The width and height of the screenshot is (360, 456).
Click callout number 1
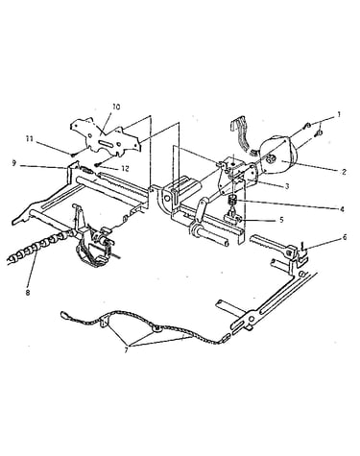(339, 114)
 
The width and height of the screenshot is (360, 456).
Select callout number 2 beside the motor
(344, 172)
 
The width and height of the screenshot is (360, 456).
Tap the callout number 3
(287, 186)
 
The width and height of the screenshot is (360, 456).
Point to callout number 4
(342, 209)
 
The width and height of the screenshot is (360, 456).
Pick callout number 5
(281, 220)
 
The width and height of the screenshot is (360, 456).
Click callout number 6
(345, 237)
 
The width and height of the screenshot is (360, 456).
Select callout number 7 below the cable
(126, 350)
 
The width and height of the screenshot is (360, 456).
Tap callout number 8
(28, 293)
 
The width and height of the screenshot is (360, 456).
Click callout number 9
(13, 163)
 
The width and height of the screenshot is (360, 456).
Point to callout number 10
(116, 107)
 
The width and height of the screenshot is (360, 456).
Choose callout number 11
(30, 139)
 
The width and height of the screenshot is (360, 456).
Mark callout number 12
(125, 169)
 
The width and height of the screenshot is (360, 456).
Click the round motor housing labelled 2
(278, 154)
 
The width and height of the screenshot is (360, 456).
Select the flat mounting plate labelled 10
(105, 138)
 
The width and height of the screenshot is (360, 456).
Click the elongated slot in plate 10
(107, 144)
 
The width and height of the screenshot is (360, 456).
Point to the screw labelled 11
(74, 155)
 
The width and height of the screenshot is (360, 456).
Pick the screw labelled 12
(97, 165)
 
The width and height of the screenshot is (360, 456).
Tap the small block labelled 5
(232, 219)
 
